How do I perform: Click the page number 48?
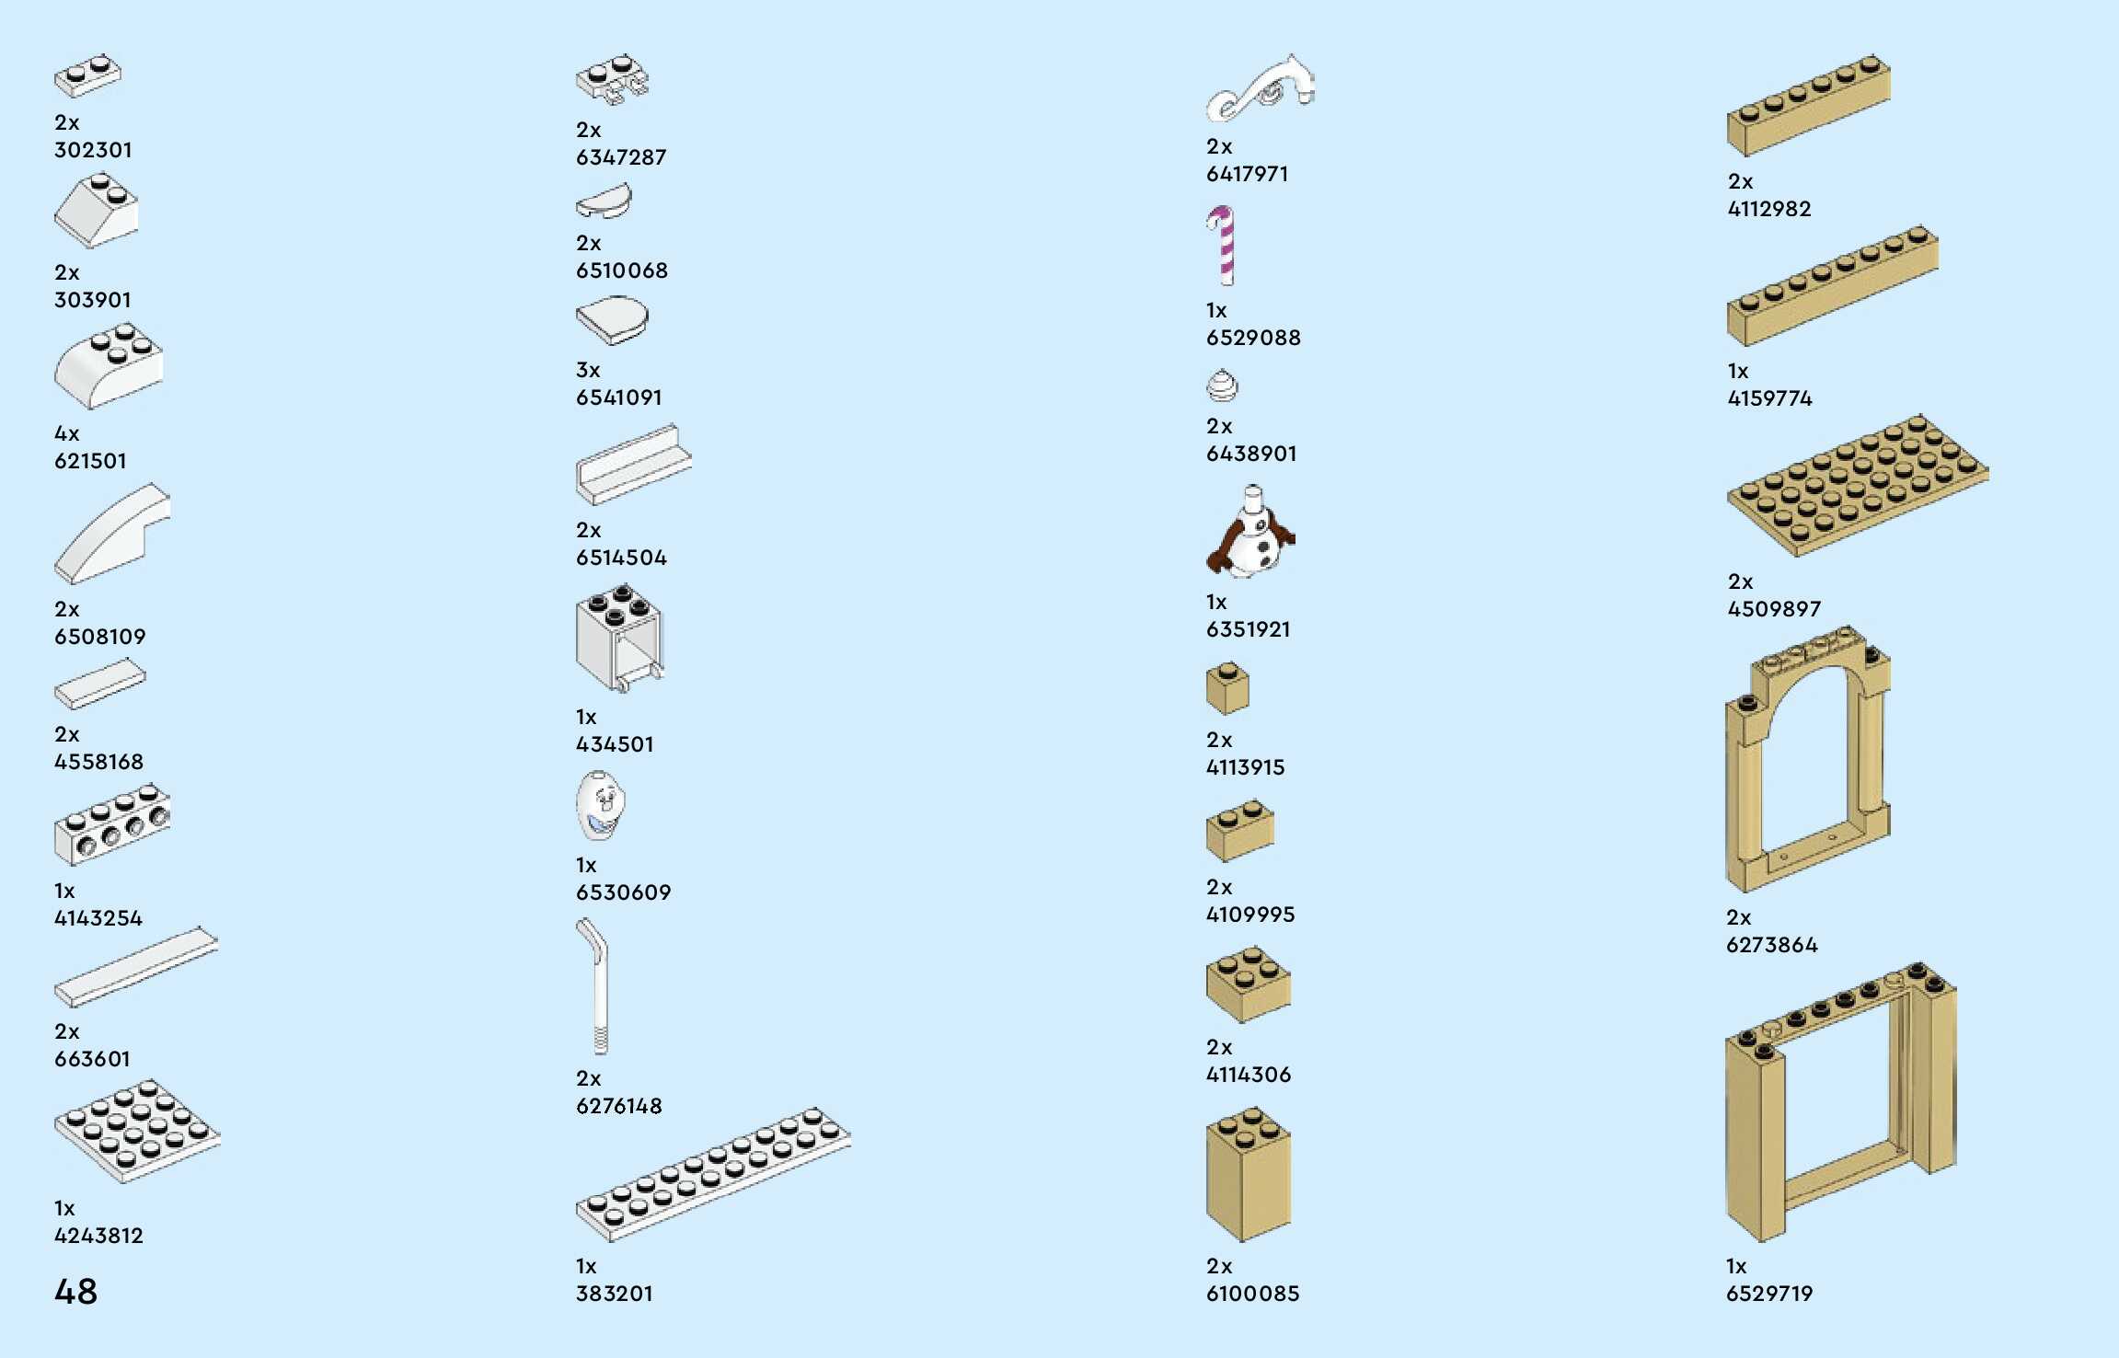75,1291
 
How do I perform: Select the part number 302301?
93,150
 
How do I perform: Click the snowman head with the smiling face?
600,805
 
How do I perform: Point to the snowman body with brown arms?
1250,536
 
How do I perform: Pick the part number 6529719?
1768,1294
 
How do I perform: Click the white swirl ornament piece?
1261,88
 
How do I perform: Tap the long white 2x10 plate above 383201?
713,1173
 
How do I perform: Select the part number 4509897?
1773,609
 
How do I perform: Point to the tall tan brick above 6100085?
1248,1176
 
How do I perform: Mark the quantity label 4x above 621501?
66,433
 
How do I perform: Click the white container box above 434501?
618,638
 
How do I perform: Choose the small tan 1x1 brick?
1227,689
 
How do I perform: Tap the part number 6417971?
1247,174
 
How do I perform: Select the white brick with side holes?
112,824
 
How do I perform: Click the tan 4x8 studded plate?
1857,485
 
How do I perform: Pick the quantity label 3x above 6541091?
587,370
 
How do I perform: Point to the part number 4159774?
1769,398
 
